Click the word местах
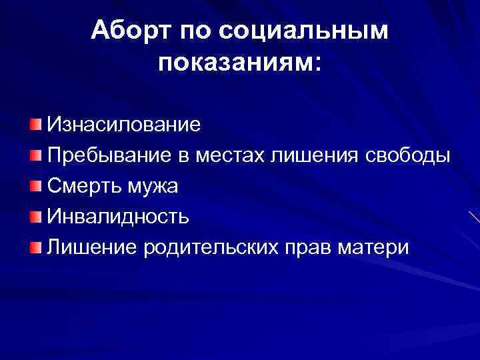pyautogui.click(x=233, y=155)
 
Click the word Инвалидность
pyautogui.click(x=117, y=217)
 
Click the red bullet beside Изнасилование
pyautogui.click(x=35, y=125)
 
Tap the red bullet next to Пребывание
pyautogui.click(x=35, y=155)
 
